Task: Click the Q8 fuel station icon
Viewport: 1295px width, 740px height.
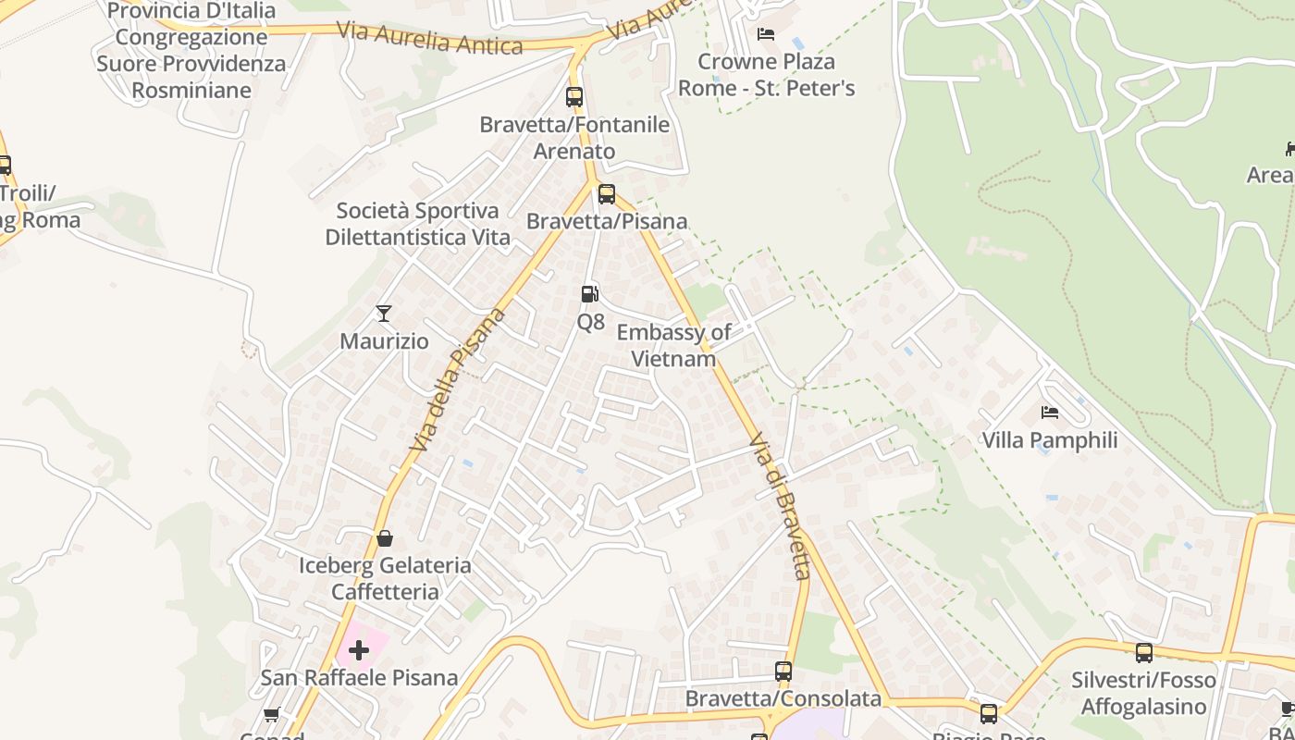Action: (x=589, y=294)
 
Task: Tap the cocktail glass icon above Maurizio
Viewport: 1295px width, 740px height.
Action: (x=384, y=314)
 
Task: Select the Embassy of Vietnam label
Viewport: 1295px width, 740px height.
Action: (x=673, y=345)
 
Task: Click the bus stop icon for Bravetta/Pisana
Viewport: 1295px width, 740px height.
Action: (x=607, y=194)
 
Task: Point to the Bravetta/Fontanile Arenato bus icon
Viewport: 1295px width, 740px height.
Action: (x=574, y=96)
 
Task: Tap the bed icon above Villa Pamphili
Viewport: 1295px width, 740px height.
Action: (x=1049, y=413)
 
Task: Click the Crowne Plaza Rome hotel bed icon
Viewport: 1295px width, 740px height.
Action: (x=766, y=34)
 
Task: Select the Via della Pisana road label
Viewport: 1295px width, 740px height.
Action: (x=460, y=379)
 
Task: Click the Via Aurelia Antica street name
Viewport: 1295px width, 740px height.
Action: (x=429, y=37)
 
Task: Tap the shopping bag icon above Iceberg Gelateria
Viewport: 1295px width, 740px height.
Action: (x=385, y=538)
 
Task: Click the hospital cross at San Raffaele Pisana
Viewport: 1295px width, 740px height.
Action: (x=359, y=650)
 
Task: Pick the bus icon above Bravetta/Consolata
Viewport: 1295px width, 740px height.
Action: (x=783, y=672)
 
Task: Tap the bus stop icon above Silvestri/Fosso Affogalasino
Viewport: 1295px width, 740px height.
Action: (x=1144, y=653)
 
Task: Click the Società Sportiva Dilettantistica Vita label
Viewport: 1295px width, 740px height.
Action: (x=418, y=224)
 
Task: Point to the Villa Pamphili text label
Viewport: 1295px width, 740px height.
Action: (x=1050, y=440)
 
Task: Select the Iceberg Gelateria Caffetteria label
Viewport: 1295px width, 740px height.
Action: (x=385, y=578)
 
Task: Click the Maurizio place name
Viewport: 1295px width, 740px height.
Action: (x=384, y=341)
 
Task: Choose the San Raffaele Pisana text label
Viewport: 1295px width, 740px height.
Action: (x=359, y=678)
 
